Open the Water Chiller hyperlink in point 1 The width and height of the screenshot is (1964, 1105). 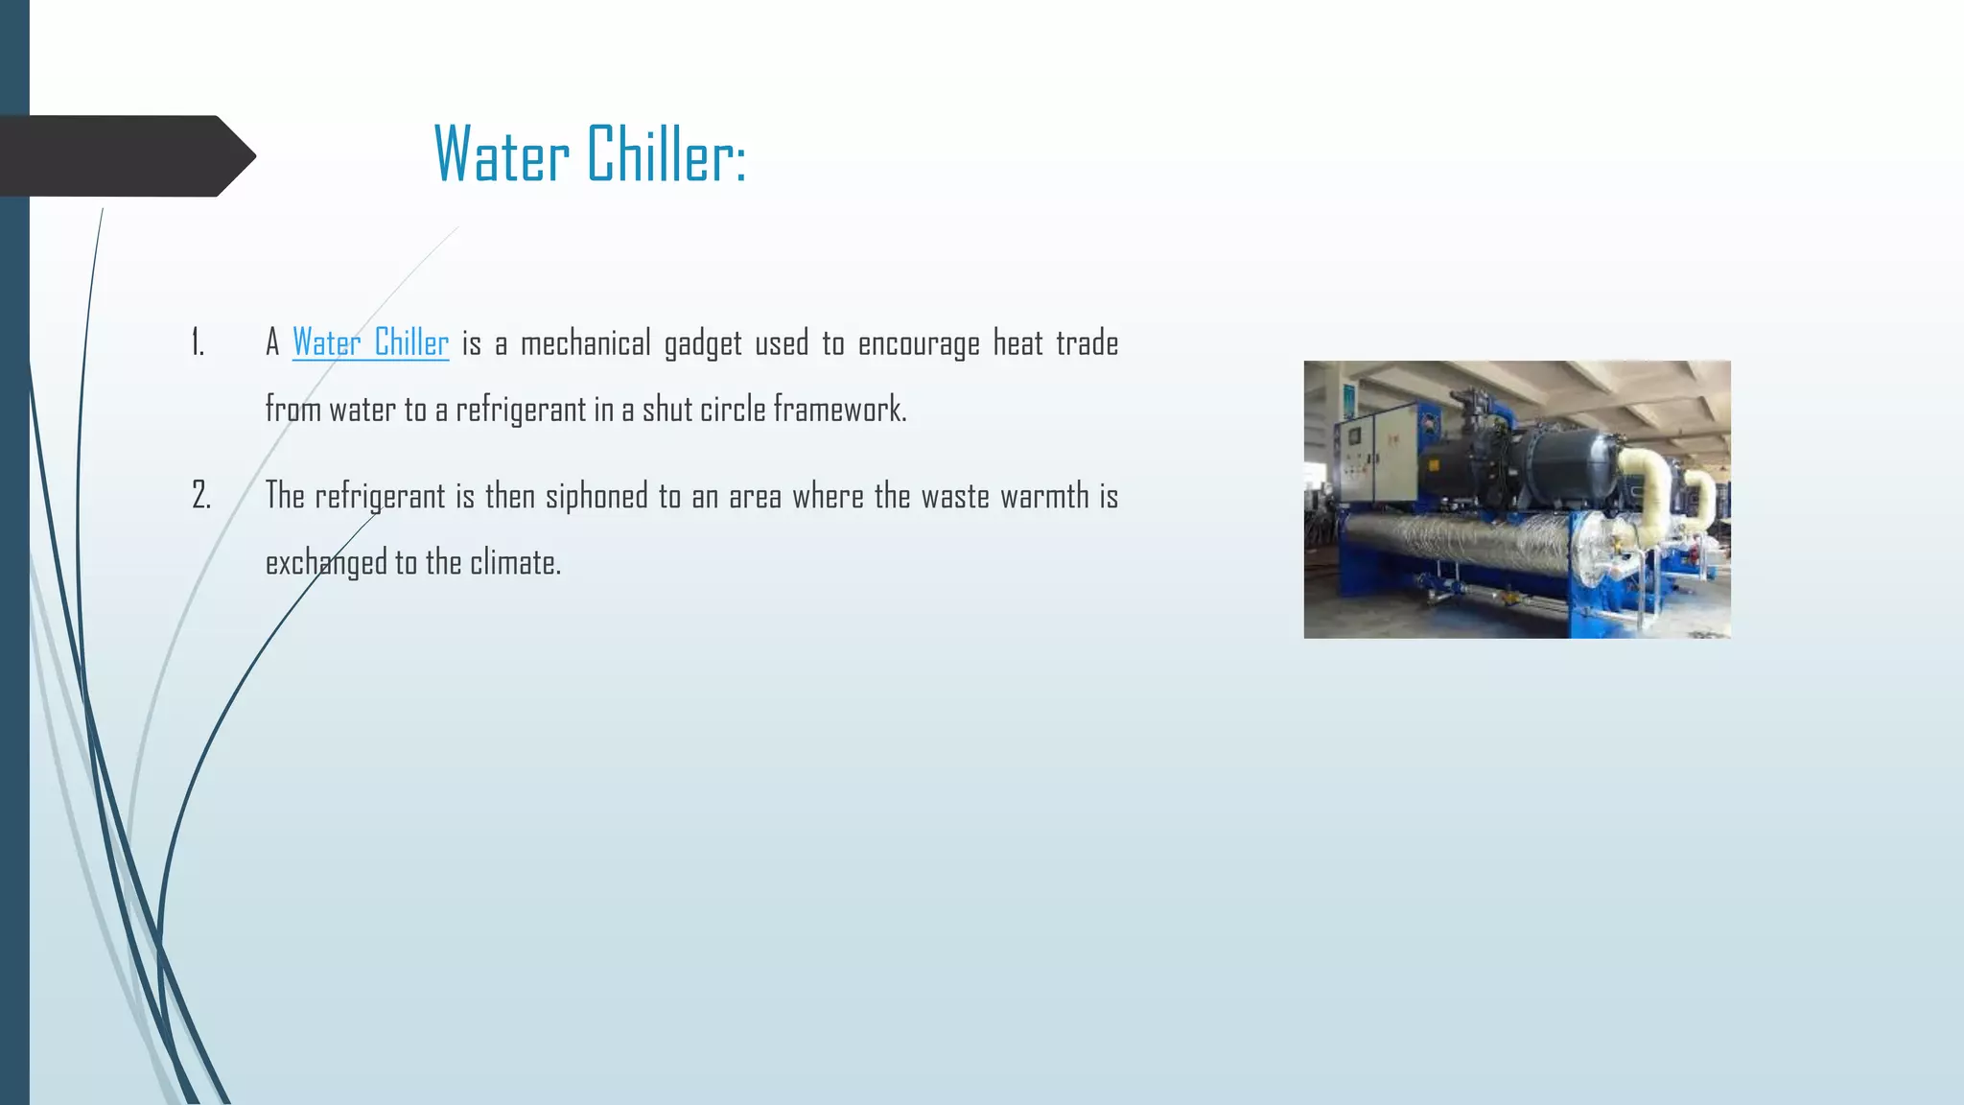(370, 343)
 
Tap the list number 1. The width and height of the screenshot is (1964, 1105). (198, 343)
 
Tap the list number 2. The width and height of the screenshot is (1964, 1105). (200, 496)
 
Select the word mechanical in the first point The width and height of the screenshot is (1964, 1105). (585, 343)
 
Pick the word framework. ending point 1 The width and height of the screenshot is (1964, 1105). (839, 410)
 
